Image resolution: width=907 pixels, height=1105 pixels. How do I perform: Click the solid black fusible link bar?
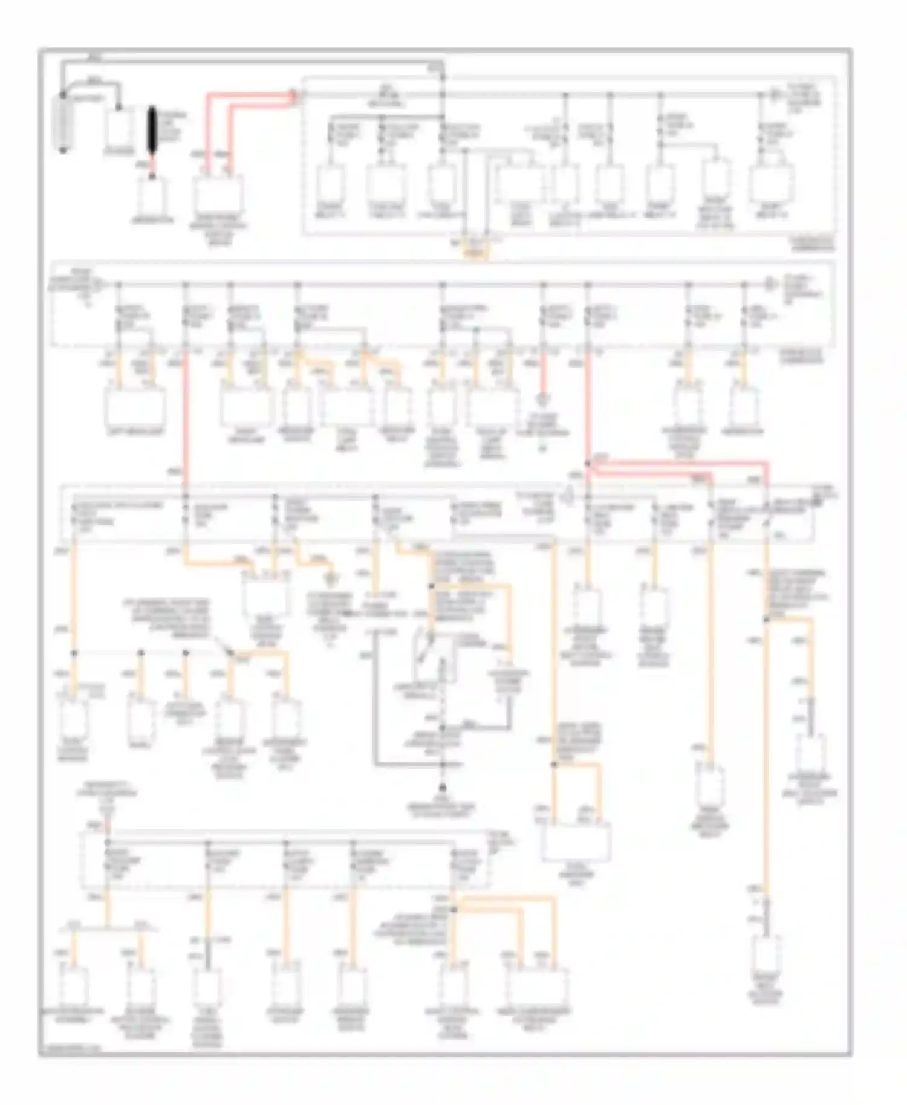152,132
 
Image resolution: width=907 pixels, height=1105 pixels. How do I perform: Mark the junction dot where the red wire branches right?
588,464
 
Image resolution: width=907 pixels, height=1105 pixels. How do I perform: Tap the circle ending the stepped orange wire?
330,580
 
